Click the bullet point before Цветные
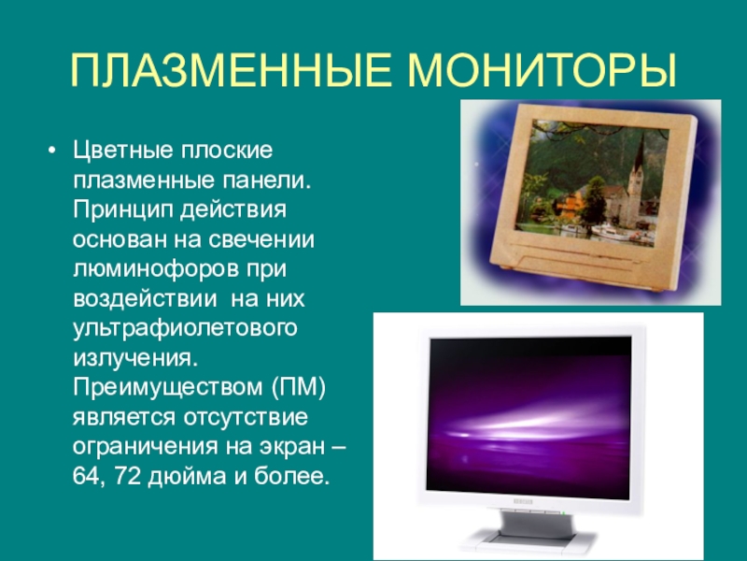click(x=52, y=151)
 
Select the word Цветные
click(x=123, y=151)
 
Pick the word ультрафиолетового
click(x=185, y=329)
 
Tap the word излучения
click(x=134, y=359)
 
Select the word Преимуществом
click(x=168, y=387)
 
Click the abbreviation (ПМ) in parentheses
click(x=299, y=388)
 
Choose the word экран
click(x=290, y=448)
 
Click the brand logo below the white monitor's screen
click(x=523, y=502)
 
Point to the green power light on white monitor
click(x=563, y=513)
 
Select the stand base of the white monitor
click(x=528, y=540)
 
